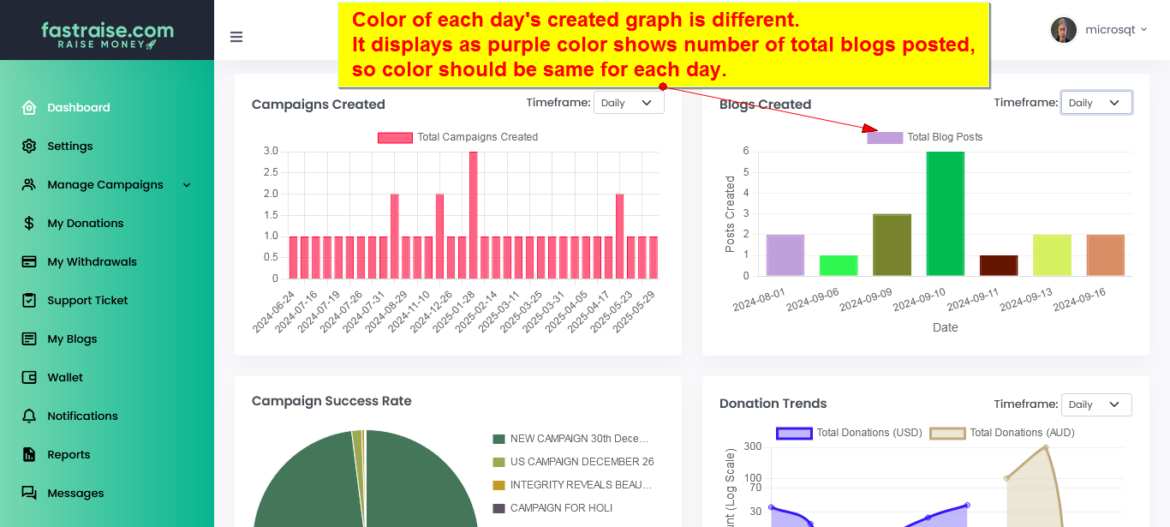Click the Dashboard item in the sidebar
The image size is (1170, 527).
click(78, 107)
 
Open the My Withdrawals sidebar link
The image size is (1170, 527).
click(92, 261)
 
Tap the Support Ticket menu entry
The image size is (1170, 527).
click(87, 300)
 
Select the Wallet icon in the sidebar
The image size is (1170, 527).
click(29, 377)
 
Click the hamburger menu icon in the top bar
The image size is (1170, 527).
click(236, 37)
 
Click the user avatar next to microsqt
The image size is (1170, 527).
click(1063, 30)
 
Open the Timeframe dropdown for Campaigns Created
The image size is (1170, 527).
click(628, 103)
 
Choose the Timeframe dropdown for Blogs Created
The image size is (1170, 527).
click(1095, 103)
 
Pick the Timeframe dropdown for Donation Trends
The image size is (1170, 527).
click(1095, 404)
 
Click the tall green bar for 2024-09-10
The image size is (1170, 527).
click(945, 213)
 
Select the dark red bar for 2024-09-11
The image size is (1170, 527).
click(998, 266)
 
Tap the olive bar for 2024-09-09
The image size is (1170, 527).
click(892, 245)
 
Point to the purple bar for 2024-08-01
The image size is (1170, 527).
click(785, 255)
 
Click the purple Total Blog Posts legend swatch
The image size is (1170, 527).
click(885, 137)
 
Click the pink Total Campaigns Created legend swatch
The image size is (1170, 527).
click(395, 137)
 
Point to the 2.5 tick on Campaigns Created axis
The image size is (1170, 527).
click(271, 172)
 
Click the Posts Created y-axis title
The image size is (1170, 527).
click(730, 214)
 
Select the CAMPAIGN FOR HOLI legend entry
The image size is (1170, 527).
click(561, 508)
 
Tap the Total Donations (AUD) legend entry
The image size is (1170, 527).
click(1021, 433)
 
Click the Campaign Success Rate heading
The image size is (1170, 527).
click(331, 401)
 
